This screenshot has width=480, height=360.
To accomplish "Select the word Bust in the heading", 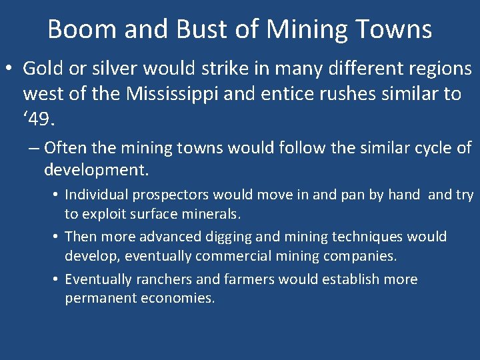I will click(197, 29).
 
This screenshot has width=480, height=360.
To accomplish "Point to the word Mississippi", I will click(182, 94).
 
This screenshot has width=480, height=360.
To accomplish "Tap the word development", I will click(96, 169).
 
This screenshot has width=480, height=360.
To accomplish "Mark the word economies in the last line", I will click(179, 298).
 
